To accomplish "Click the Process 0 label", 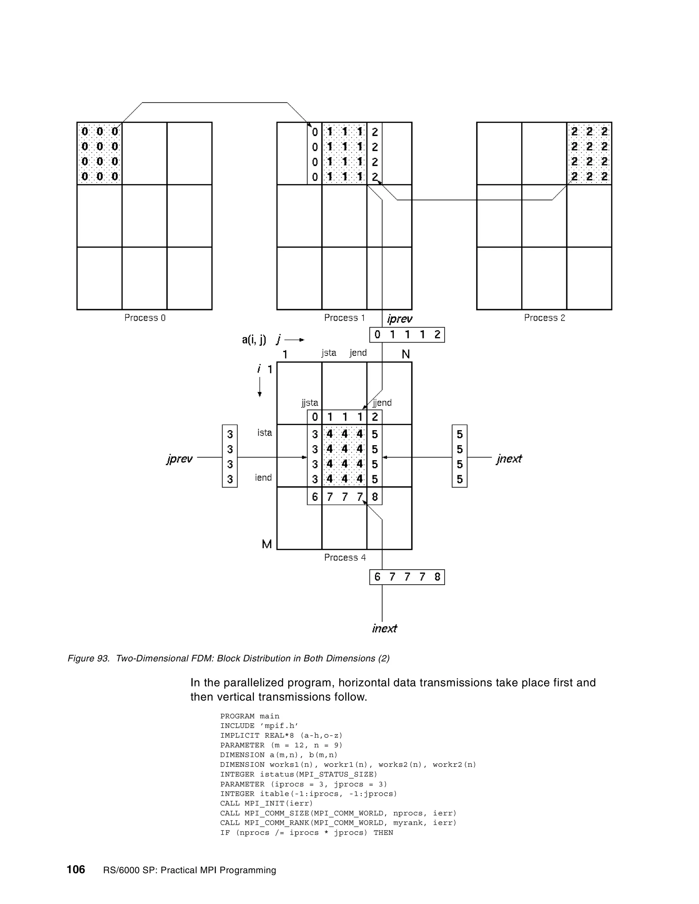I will point(145,318).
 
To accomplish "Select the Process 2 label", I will point(544,318).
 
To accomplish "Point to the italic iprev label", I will point(400,319).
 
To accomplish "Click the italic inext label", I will point(384,628).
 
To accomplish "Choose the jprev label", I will point(179,458).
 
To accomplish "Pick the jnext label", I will point(509,458).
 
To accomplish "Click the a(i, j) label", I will point(254,340).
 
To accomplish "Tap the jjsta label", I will point(310,403).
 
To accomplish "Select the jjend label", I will point(382,403).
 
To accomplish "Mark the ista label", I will point(265,433).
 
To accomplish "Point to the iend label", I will point(263,478).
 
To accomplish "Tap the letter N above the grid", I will point(406,354).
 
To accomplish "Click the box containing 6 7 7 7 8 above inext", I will point(407,577).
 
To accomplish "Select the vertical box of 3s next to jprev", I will point(230,456).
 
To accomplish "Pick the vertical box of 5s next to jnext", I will point(460,456).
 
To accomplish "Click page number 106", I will point(76,869).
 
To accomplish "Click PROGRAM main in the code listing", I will point(250,716).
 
